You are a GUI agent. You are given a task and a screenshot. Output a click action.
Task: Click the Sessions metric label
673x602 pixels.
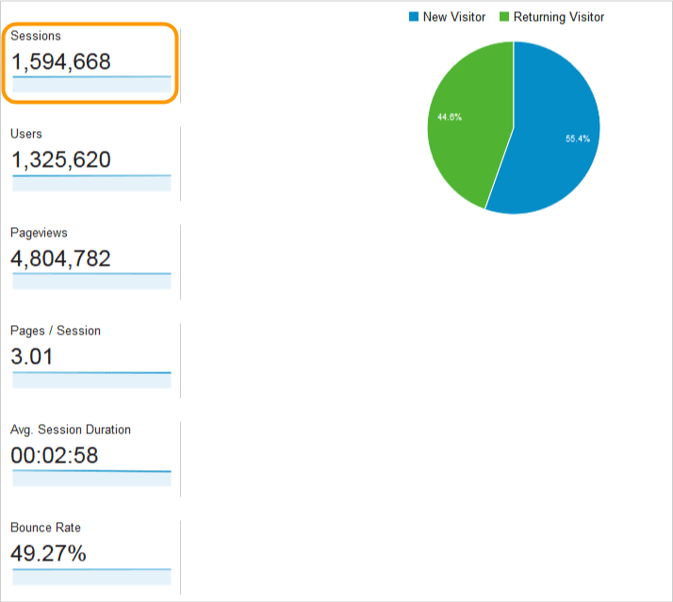(x=36, y=36)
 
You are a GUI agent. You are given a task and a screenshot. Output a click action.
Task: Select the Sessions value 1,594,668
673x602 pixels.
(x=61, y=62)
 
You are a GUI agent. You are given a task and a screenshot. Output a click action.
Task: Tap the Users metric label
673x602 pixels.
(x=26, y=134)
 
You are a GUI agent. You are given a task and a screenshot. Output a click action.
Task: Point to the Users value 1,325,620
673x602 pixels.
(x=61, y=159)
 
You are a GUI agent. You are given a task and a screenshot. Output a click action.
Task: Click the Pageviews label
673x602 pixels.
(x=39, y=233)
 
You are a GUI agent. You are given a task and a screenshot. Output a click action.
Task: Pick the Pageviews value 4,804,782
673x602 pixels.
(x=60, y=258)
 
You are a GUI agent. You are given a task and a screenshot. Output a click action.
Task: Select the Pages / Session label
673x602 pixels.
(x=56, y=331)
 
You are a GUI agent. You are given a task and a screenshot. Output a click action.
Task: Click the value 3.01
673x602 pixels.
(x=32, y=356)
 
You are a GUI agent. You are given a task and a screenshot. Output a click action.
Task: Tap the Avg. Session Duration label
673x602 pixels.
(x=71, y=430)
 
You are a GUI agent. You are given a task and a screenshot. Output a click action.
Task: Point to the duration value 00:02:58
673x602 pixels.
(x=55, y=455)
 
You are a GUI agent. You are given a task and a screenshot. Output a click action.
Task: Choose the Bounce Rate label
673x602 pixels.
(x=45, y=528)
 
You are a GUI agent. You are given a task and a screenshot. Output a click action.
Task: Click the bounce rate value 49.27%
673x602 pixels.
(x=48, y=554)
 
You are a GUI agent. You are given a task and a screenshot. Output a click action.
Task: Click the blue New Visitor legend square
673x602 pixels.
(x=414, y=17)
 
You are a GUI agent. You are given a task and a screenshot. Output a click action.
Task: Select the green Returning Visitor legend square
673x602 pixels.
(x=504, y=17)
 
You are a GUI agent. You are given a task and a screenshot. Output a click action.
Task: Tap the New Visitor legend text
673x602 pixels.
(x=454, y=17)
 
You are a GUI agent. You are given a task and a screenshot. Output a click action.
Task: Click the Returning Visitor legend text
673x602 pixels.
(x=559, y=17)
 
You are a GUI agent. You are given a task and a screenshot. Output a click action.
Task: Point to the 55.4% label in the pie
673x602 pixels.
(x=578, y=138)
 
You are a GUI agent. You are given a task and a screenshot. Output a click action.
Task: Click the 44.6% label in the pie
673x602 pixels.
(x=450, y=117)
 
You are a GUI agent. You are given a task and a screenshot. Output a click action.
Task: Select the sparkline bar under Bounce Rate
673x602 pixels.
(x=91, y=577)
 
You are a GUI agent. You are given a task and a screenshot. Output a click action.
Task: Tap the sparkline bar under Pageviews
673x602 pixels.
(x=91, y=281)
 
